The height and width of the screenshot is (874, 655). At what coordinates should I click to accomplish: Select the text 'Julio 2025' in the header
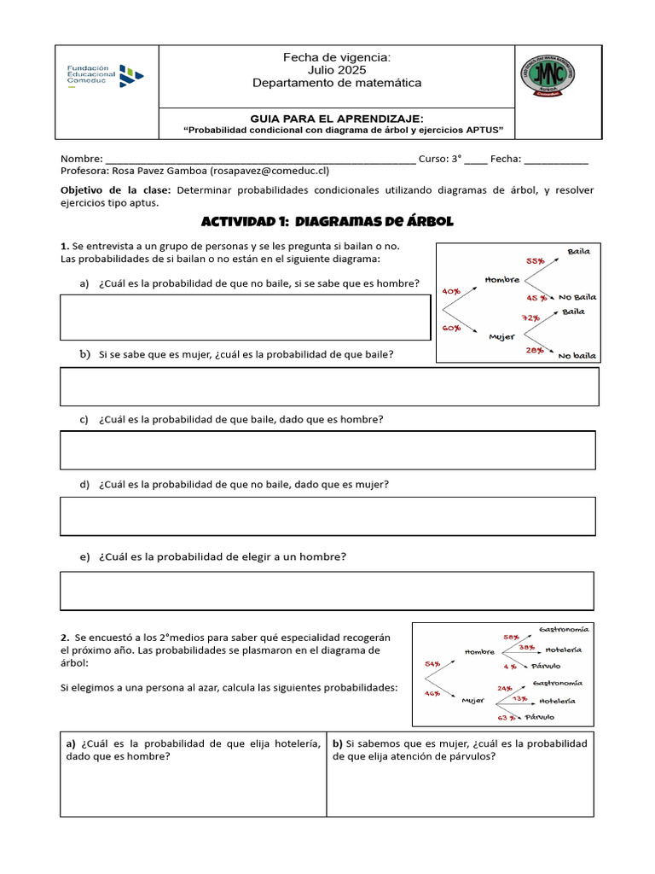(x=336, y=70)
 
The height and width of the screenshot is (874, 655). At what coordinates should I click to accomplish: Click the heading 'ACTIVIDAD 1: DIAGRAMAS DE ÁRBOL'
(x=327, y=222)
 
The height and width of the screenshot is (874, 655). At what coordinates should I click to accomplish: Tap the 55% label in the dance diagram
(x=535, y=261)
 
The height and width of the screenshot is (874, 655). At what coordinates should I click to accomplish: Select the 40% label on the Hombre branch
(x=451, y=291)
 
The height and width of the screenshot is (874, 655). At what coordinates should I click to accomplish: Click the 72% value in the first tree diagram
(x=531, y=318)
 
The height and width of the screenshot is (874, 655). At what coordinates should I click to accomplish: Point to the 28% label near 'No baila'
(x=535, y=350)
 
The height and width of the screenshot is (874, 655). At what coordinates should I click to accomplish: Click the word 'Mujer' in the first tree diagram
(x=501, y=336)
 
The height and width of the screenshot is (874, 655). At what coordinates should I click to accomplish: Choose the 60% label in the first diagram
(x=451, y=328)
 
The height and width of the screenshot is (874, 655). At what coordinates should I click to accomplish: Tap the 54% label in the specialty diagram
(x=432, y=663)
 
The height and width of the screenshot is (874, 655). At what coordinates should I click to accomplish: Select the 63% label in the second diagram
(x=507, y=718)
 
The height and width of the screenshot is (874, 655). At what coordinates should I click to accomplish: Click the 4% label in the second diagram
(x=510, y=666)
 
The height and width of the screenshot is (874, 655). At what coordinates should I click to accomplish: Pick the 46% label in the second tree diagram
(x=432, y=694)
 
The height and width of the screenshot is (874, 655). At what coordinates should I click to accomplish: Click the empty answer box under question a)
(x=245, y=318)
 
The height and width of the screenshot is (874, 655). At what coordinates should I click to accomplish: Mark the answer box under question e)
(x=327, y=591)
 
